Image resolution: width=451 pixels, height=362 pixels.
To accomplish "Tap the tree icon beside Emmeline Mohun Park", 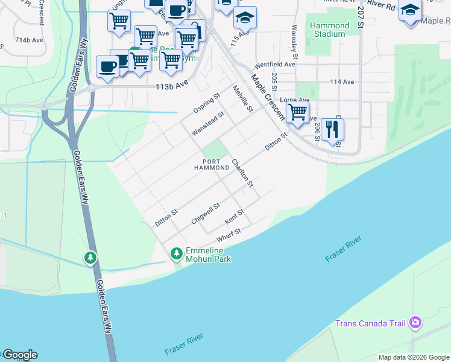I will click(x=177, y=253).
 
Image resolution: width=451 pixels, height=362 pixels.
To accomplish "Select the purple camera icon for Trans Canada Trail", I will click(x=415, y=323).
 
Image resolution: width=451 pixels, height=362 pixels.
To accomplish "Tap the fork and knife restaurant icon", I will click(x=332, y=129).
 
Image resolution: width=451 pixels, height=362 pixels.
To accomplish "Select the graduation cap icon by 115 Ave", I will click(x=245, y=17).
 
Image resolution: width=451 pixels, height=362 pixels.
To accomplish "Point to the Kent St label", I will click(x=234, y=215).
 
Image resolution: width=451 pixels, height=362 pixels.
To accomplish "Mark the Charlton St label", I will click(x=242, y=173).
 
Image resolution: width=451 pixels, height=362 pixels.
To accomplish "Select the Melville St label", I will click(x=242, y=99).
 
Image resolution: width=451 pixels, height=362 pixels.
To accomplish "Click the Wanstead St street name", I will click(x=208, y=122).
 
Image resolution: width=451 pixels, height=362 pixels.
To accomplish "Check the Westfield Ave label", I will click(x=275, y=64).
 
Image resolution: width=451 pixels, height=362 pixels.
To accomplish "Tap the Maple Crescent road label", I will click(x=268, y=97).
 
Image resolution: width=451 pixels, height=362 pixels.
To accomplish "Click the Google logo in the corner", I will click(x=19, y=355).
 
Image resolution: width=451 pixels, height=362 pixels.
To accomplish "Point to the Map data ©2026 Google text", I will click(x=414, y=357).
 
